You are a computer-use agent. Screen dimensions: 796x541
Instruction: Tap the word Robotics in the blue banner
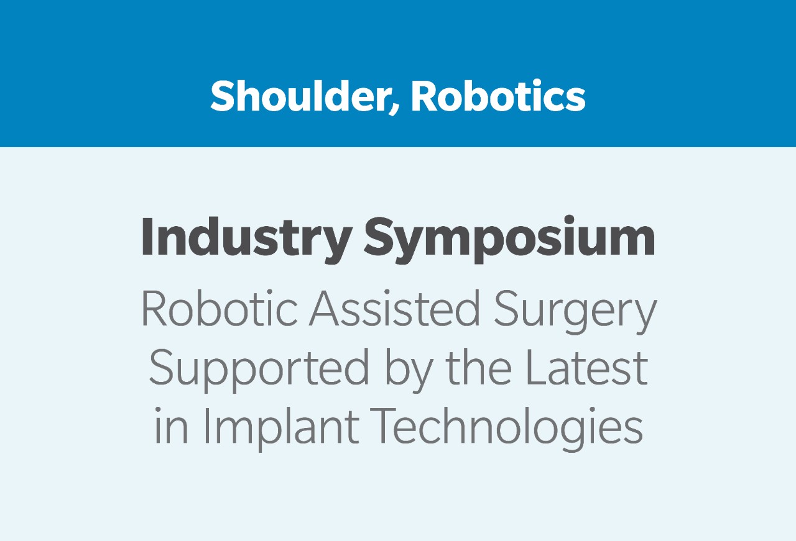click(x=498, y=96)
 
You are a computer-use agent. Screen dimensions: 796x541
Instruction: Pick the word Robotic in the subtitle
click(x=220, y=308)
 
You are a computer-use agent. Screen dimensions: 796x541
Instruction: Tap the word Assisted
click(x=395, y=308)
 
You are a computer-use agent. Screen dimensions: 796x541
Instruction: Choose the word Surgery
click(x=575, y=312)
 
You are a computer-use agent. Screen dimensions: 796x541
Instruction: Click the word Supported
click(x=259, y=371)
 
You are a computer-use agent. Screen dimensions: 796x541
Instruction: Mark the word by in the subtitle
click(x=409, y=371)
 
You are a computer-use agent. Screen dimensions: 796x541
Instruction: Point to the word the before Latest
click(x=479, y=367)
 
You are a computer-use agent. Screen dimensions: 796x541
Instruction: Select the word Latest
click(x=586, y=368)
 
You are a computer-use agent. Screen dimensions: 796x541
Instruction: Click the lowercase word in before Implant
click(x=171, y=426)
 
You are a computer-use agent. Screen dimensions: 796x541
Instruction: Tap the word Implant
click(x=281, y=430)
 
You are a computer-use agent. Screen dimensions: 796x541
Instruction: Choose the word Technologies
click(x=506, y=430)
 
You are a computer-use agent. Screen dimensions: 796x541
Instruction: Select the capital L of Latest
click(x=537, y=368)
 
